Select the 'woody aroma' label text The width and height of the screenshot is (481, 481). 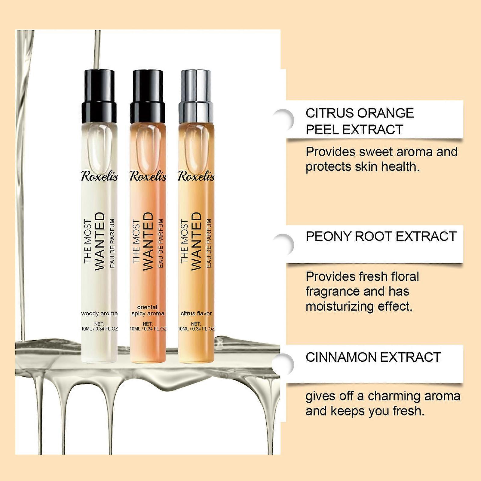(x=100, y=313)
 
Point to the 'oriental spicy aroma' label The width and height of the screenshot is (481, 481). (x=148, y=310)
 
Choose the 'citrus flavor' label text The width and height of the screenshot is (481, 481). (x=196, y=313)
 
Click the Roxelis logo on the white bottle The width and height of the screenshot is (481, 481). (x=100, y=176)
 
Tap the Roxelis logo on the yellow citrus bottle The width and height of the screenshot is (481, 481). (x=196, y=176)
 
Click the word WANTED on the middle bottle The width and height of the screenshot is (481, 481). (x=148, y=241)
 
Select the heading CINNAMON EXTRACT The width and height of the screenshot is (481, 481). (x=373, y=357)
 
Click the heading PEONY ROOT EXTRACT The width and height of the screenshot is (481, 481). (x=381, y=236)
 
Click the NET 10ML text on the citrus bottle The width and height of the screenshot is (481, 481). (x=196, y=326)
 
